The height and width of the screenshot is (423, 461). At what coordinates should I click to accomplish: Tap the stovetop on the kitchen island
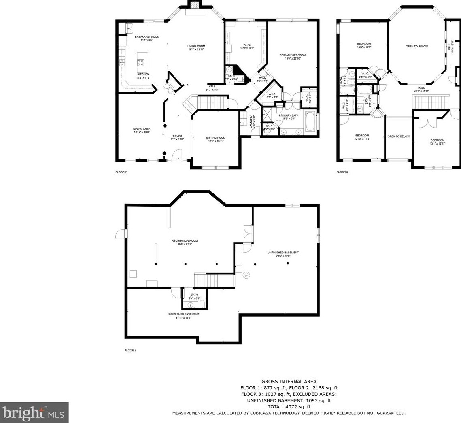tap(141, 62)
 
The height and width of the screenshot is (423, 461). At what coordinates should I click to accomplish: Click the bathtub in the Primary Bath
tap(310, 124)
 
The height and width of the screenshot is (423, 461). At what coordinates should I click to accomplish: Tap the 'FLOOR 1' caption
tap(130, 351)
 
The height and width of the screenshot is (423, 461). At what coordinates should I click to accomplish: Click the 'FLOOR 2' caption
tap(121, 172)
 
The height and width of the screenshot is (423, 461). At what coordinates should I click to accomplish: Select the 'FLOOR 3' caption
tap(342, 172)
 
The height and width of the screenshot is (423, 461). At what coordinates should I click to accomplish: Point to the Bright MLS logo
tap(34, 412)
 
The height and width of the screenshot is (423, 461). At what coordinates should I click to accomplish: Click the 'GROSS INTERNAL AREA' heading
tap(289, 381)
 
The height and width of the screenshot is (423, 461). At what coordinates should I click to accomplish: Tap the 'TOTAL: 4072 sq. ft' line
tap(289, 406)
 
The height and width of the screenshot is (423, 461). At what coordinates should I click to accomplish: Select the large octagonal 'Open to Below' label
tap(416, 46)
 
